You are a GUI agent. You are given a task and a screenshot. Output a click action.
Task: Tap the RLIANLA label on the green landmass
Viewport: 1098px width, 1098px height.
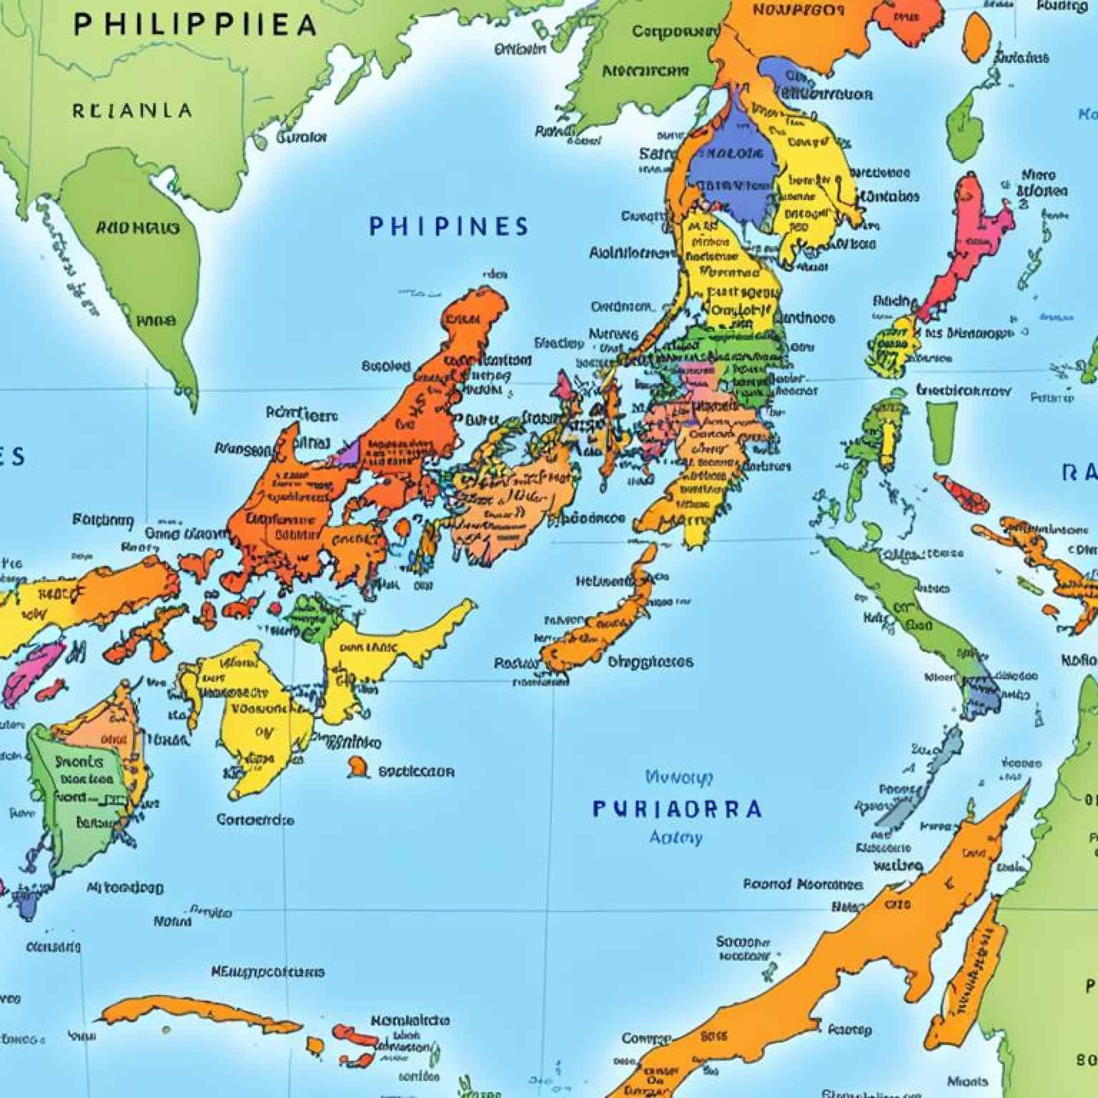tap(132, 111)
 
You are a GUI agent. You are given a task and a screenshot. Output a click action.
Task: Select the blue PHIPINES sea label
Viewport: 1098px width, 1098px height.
tap(449, 227)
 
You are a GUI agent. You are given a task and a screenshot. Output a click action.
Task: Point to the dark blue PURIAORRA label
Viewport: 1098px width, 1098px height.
tap(677, 809)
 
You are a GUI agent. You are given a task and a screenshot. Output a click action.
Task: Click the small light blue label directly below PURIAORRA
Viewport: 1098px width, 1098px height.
tap(676, 837)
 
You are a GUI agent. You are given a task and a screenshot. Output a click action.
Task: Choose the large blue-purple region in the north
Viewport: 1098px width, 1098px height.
tap(733, 172)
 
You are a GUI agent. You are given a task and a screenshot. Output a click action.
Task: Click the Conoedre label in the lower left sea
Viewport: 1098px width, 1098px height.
tap(255, 819)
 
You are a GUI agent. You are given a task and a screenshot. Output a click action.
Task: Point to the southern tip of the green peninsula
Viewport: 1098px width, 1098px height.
tap(192, 400)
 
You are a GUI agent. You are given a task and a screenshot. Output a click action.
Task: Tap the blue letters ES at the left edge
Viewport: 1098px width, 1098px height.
tap(13, 456)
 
